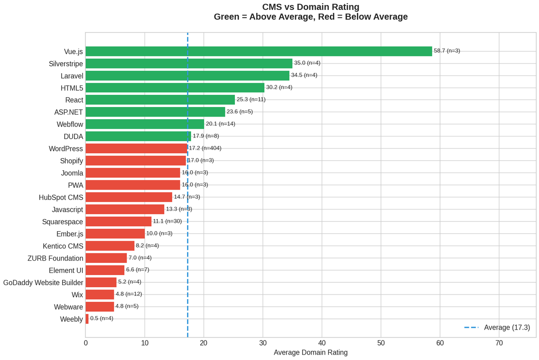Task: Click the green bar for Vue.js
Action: pos(258,51)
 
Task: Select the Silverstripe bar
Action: pos(189,63)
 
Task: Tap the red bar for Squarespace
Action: pos(118,221)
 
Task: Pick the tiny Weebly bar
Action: pos(87,319)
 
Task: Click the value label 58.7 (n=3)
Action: pos(447,51)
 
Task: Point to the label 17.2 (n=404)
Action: pos(205,148)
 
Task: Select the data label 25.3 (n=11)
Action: pos(251,99)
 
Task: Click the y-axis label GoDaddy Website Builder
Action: pos(43,283)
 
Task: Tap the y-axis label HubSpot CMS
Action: pos(61,197)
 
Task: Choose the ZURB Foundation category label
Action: pos(56,258)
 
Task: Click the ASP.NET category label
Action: pos(68,112)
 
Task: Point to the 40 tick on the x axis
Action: pos(322,343)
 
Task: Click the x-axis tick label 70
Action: pos(499,343)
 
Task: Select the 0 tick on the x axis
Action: pos(85,343)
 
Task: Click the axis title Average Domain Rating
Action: pos(310,352)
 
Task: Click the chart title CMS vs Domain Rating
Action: pos(310,7)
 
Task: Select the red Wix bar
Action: pos(99,295)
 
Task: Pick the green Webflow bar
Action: pos(145,124)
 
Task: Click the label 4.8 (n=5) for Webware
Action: pos(127,306)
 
